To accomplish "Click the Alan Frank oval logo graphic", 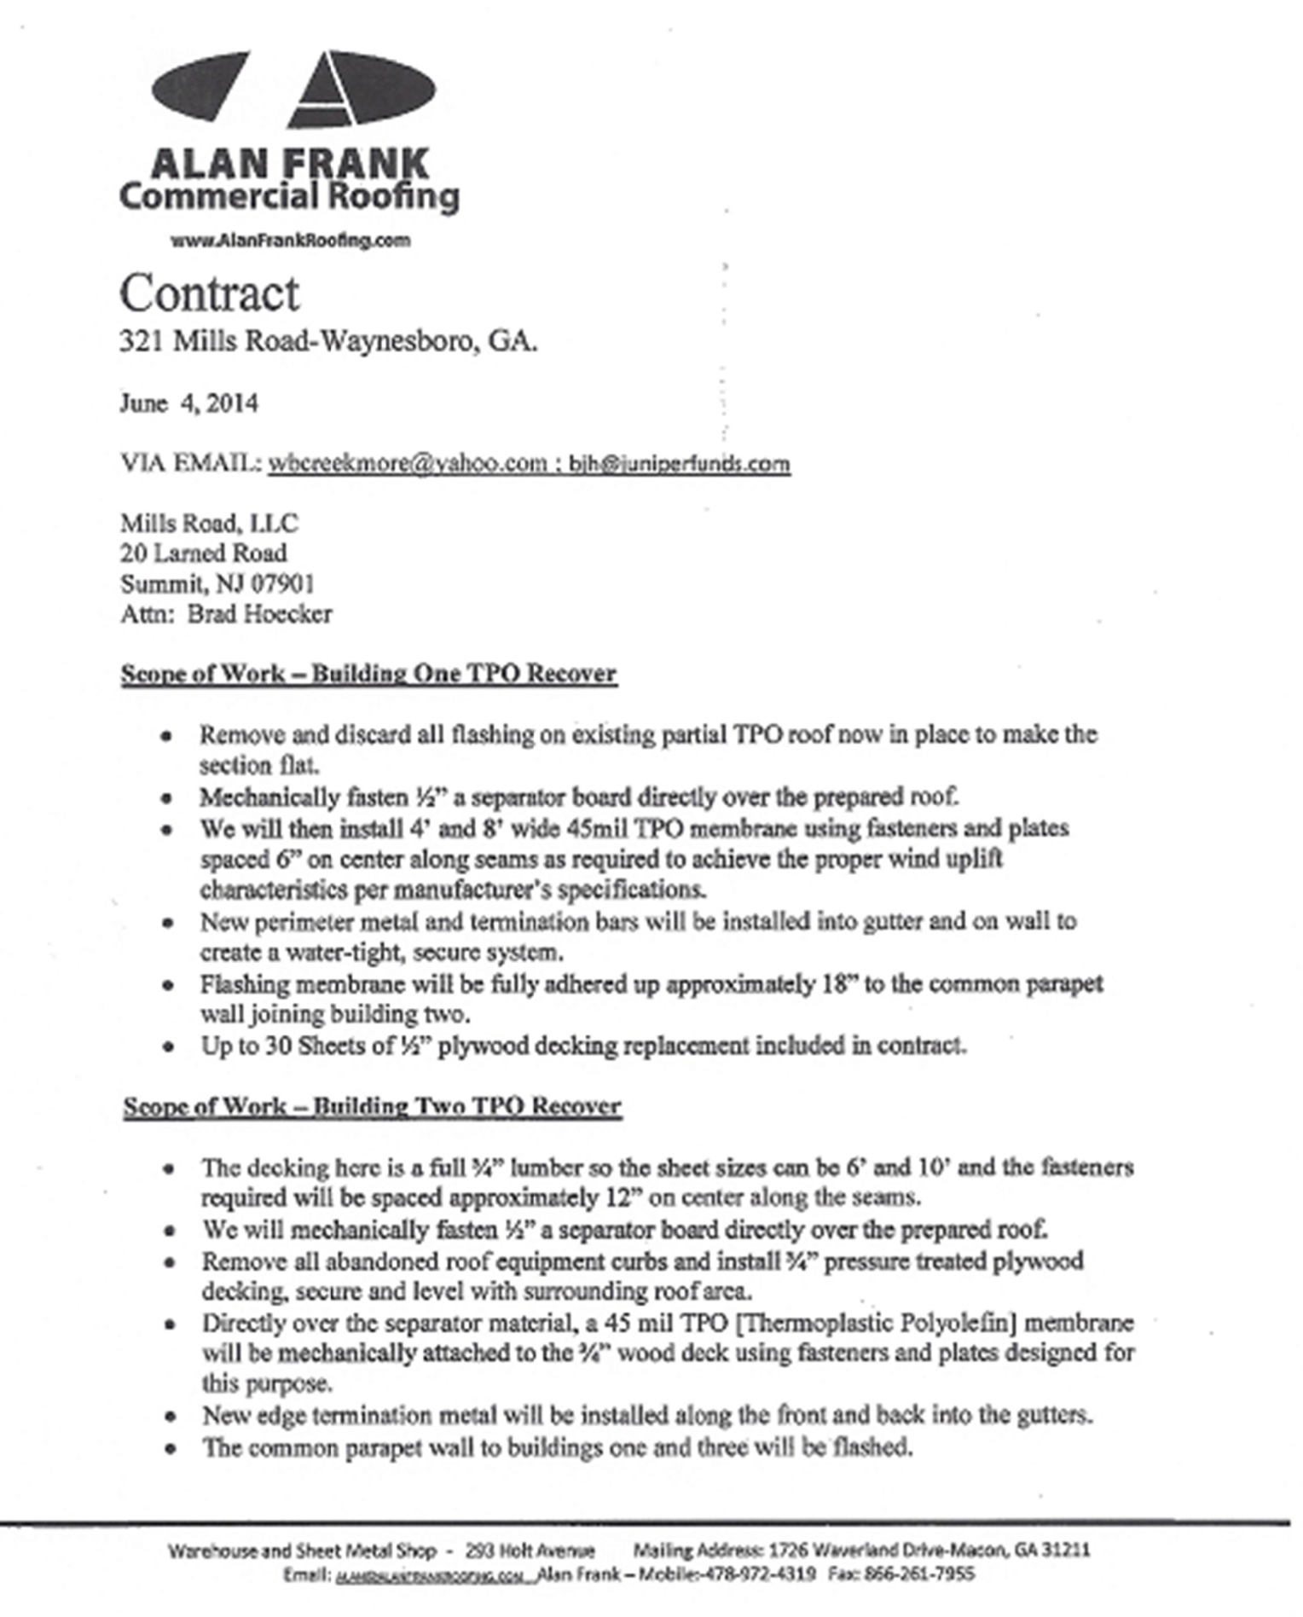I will pyautogui.click(x=292, y=89).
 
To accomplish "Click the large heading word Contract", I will pyautogui.click(x=210, y=293).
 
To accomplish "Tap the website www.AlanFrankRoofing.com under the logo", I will pyautogui.click(x=291, y=241).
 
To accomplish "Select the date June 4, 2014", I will pyautogui.click(x=188, y=403).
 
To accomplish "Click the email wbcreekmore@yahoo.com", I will pyautogui.click(x=408, y=463).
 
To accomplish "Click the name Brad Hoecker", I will pyautogui.click(x=259, y=614).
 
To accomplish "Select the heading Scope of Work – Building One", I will pyautogui.click(x=368, y=673).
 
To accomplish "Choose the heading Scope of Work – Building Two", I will pyautogui.click(x=372, y=1106).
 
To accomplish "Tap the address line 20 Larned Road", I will pyautogui.click(x=203, y=553).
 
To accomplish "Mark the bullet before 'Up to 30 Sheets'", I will pyautogui.click(x=169, y=1046).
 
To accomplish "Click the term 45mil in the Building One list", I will pyautogui.click(x=598, y=828).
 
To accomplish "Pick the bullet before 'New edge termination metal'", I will pyautogui.click(x=171, y=1417).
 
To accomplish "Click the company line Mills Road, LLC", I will pyautogui.click(x=209, y=523).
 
